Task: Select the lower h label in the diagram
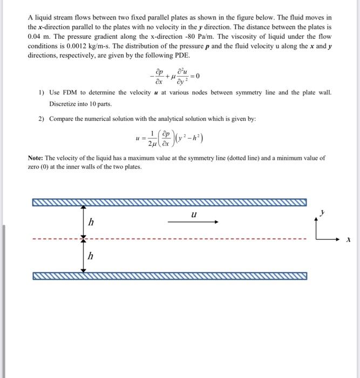[x=91, y=257]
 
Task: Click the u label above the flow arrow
[x=193, y=214]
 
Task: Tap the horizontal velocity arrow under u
[x=193, y=221]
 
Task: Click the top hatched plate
[x=169, y=203]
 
